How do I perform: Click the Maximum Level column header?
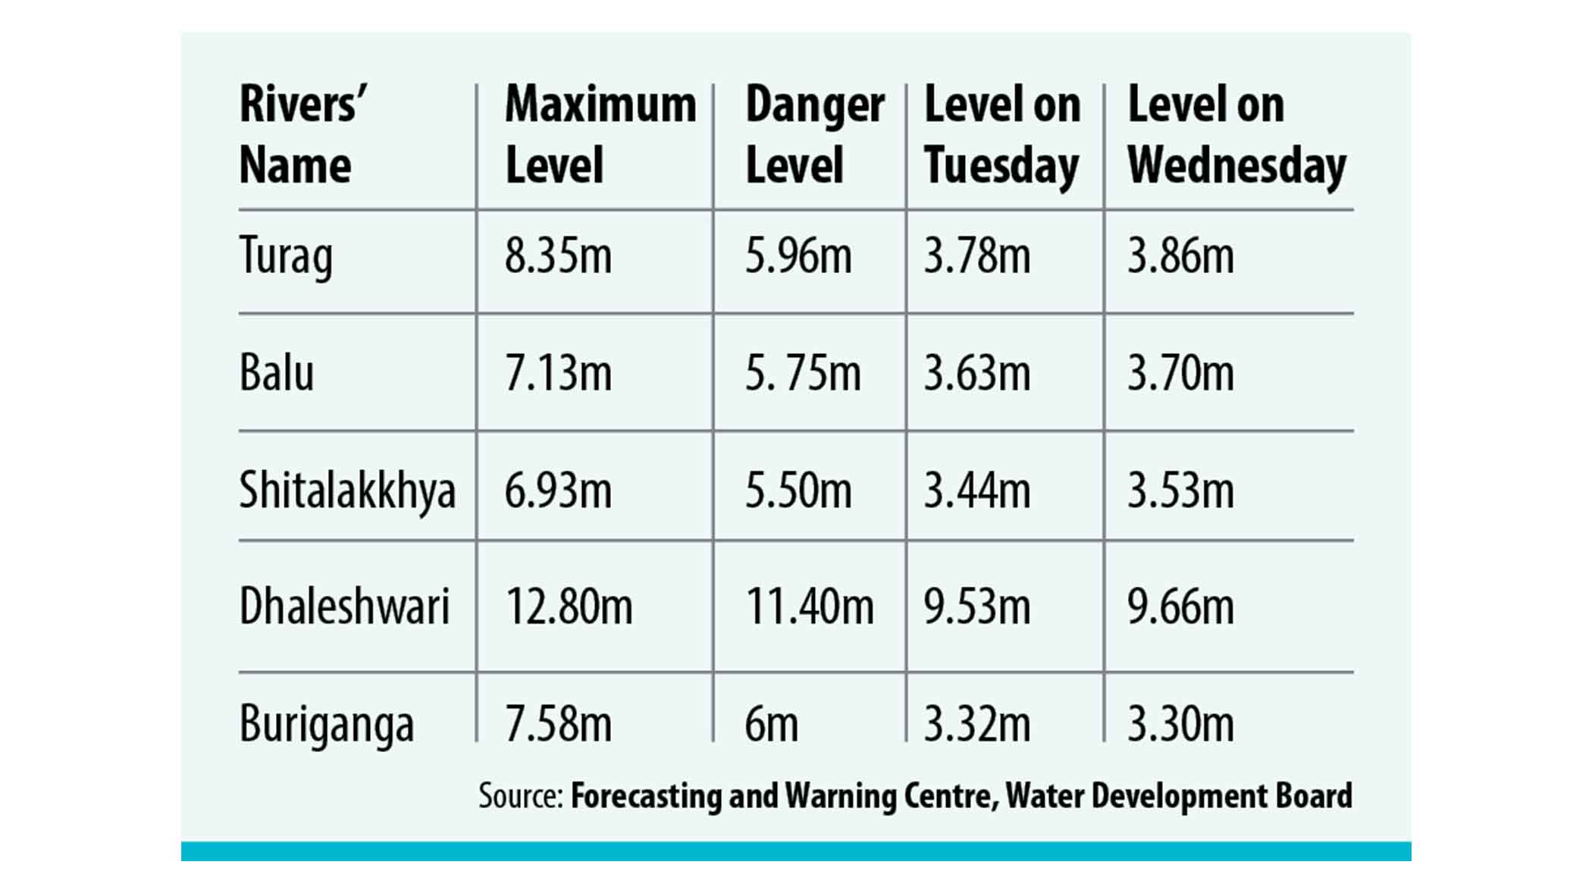[600, 135]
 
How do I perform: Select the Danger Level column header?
[814, 135]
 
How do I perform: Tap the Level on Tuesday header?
[1002, 135]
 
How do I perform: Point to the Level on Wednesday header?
[1236, 135]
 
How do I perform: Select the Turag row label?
[286, 256]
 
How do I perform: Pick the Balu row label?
[277, 373]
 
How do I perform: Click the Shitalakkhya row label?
[347, 490]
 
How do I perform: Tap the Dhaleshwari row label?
[344, 607]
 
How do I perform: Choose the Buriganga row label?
[327, 725]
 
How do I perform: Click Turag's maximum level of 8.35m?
[558, 256]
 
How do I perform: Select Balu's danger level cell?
[802, 373]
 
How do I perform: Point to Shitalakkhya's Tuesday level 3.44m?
[976, 490]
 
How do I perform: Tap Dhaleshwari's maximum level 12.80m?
[569, 607]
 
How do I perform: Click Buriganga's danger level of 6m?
[771, 725]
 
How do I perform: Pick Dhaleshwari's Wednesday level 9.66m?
[1180, 607]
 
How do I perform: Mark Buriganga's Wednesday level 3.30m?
[1180, 725]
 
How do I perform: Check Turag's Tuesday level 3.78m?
[976, 256]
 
